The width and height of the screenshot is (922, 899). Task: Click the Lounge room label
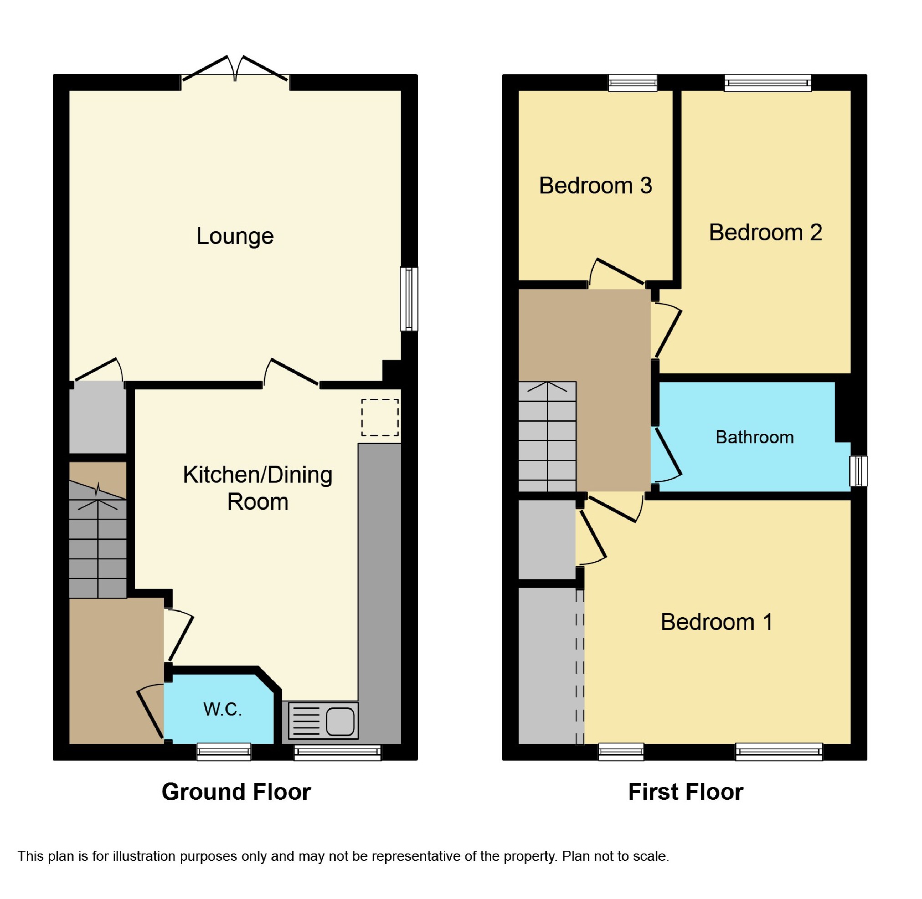(235, 236)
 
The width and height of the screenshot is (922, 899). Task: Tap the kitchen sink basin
(340, 721)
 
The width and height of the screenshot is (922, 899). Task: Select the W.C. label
(223, 709)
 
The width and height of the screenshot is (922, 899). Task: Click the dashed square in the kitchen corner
(380, 417)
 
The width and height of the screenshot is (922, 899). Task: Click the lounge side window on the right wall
(408, 299)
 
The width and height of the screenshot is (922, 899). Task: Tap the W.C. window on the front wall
(224, 751)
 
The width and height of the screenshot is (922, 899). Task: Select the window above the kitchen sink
(337, 752)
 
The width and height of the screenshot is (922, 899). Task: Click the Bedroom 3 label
(595, 186)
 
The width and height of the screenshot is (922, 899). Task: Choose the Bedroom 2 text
(765, 232)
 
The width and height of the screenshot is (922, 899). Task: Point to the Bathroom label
(754, 437)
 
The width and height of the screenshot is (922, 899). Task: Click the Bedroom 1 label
(717, 622)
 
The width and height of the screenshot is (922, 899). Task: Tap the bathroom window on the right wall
(858, 471)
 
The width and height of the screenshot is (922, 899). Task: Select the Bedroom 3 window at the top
(632, 83)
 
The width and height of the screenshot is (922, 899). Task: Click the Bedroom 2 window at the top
(767, 83)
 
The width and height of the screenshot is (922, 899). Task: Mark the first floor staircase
(547, 437)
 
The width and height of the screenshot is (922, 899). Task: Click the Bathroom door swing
(667, 456)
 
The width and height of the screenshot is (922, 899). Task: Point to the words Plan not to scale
(615, 856)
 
